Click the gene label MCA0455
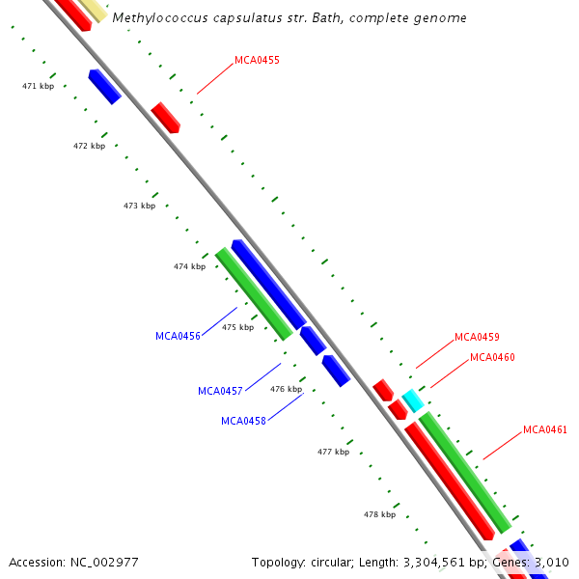tap(257, 60)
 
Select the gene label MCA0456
tap(178, 336)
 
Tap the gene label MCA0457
tap(220, 391)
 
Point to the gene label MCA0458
tap(243, 421)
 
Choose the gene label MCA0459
tap(477, 337)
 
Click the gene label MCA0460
tap(492, 357)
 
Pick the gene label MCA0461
tap(545, 429)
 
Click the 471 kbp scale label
tap(38, 87)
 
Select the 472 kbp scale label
tap(89, 147)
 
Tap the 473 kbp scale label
tap(139, 207)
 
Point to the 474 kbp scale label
tap(189, 266)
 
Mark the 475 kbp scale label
tap(237, 328)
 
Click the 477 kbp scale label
tap(333, 452)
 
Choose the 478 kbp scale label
tap(379, 514)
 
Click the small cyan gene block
tap(413, 400)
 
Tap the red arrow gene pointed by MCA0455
tap(166, 117)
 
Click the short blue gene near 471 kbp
tap(104, 86)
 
